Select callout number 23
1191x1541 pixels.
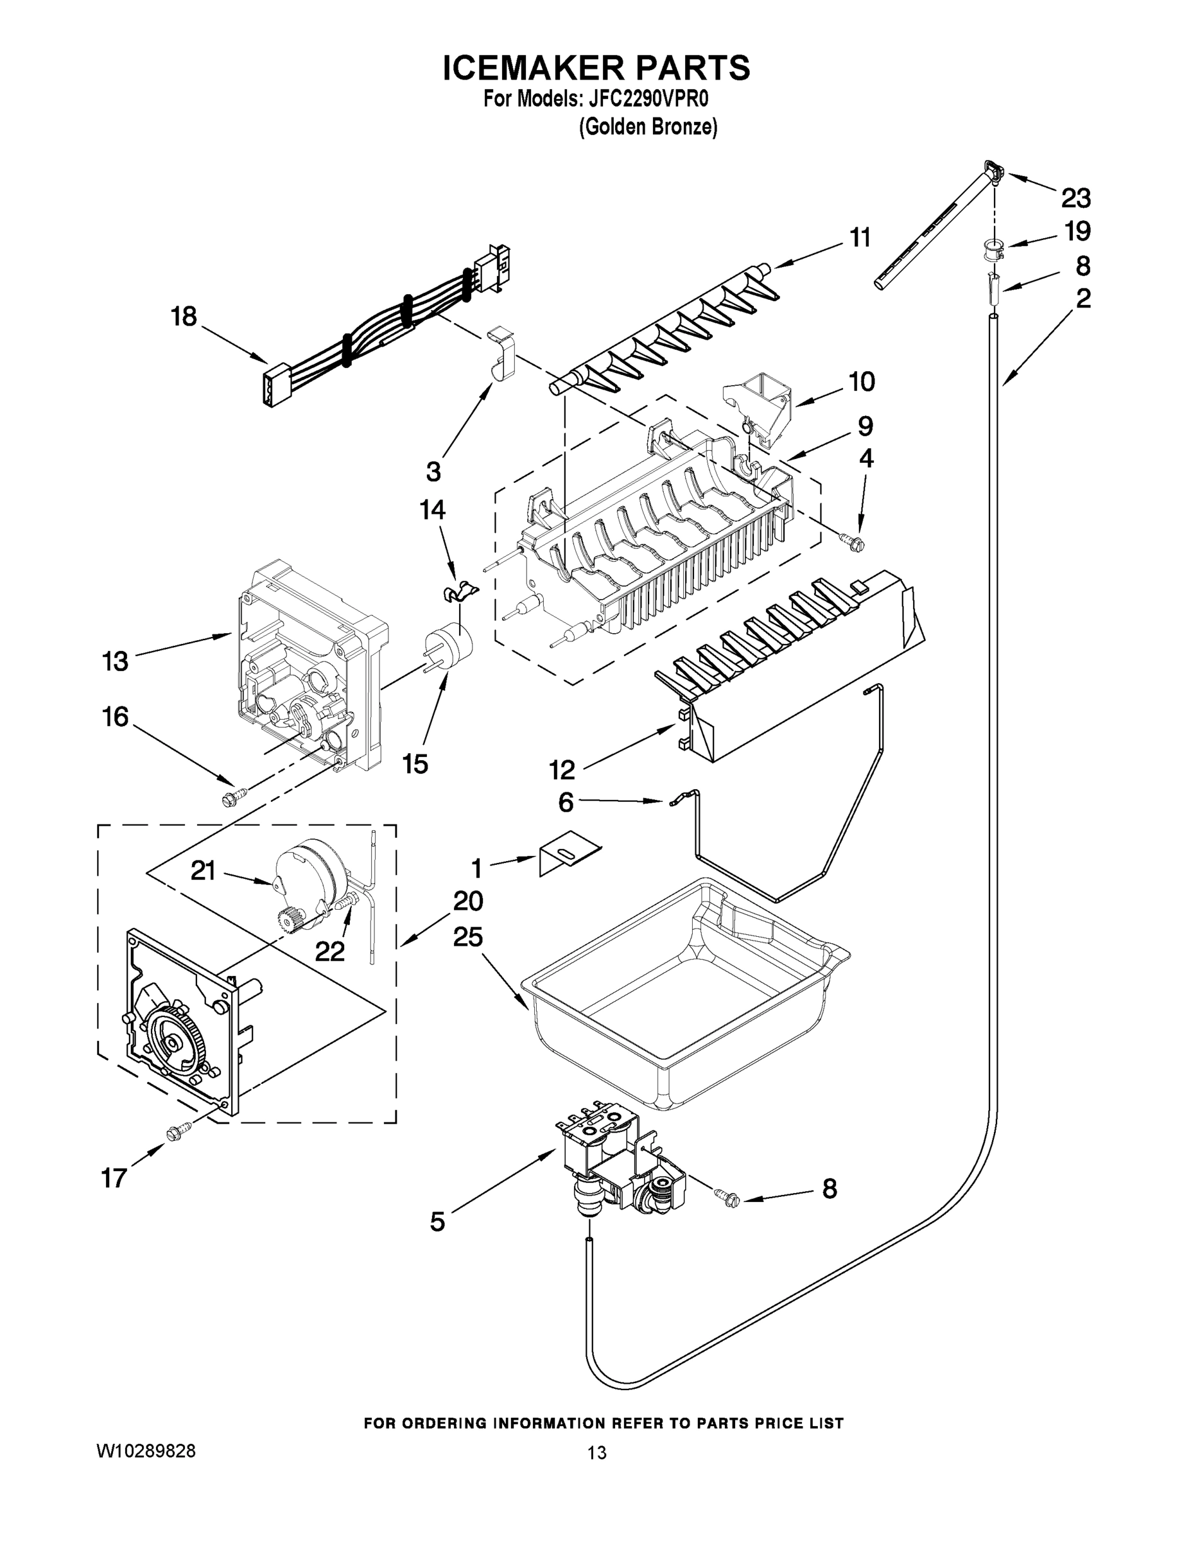(x=1076, y=198)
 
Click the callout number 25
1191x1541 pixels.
(x=468, y=937)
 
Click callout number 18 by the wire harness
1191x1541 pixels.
(x=184, y=316)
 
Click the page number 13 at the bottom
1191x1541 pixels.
(x=596, y=1453)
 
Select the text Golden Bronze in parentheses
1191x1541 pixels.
(x=648, y=127)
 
